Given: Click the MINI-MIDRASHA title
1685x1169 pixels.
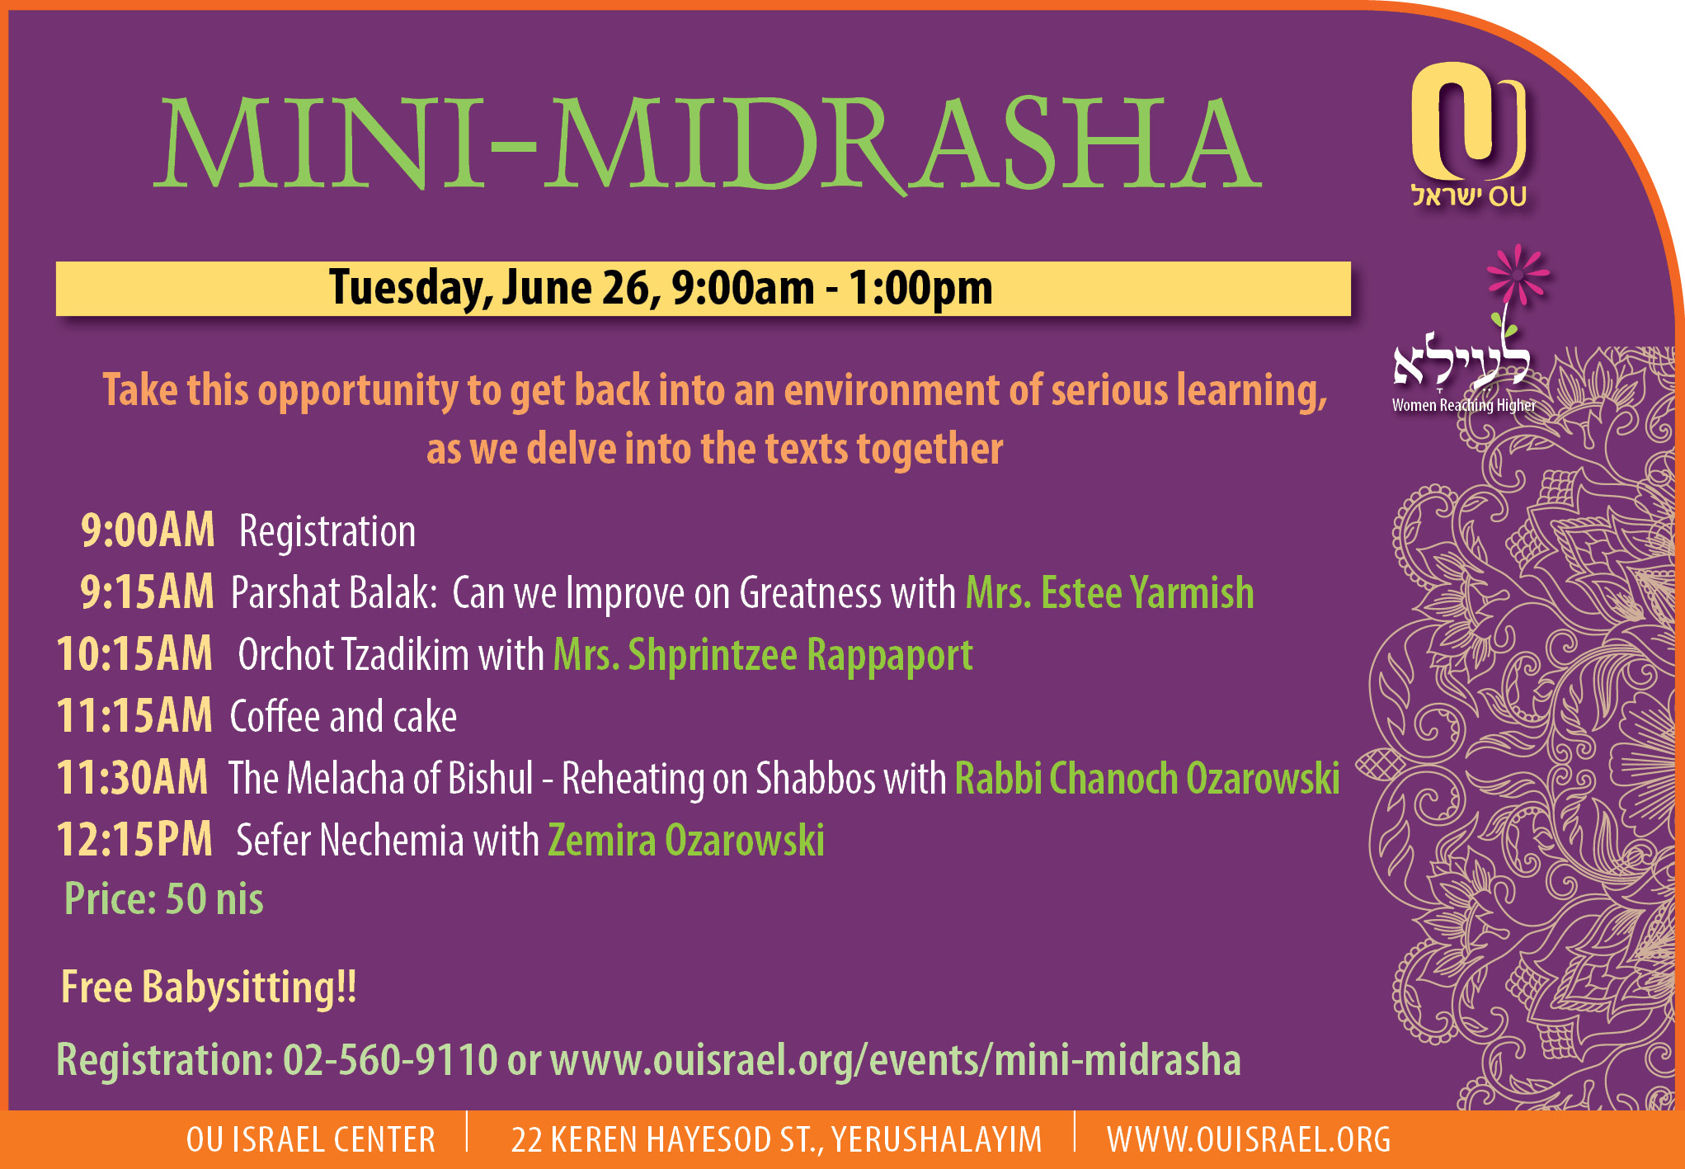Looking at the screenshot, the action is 708,143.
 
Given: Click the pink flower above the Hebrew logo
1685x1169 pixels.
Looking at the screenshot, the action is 1518,274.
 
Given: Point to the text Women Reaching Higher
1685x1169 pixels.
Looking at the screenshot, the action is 1464,405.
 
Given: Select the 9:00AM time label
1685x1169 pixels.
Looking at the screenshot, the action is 148,530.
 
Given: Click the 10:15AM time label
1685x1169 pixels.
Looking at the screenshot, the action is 134,653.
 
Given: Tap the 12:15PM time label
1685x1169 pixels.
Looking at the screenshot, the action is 134,839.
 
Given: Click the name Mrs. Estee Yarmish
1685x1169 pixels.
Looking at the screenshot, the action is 1109,592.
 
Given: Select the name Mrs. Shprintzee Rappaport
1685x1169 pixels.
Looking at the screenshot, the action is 763,656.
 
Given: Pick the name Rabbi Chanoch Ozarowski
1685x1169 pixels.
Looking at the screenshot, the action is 1147,778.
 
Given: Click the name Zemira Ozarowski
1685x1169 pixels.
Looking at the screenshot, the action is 686,840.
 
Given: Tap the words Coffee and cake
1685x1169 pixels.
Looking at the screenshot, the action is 343,716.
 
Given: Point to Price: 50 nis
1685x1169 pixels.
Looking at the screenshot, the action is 164,898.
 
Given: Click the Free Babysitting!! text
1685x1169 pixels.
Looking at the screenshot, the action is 209,988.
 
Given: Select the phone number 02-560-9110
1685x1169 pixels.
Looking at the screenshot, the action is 390,1059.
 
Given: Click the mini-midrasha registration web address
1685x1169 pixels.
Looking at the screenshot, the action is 895,1061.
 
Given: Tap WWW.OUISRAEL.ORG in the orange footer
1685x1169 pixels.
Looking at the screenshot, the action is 1249,1140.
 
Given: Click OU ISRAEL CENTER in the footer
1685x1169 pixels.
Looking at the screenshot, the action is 311,1140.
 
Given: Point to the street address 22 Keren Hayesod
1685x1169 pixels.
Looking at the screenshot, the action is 777,1140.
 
